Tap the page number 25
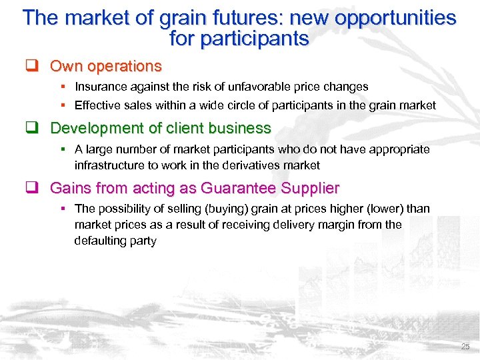(x=465, y=347)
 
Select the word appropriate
(x=397, y=149)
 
